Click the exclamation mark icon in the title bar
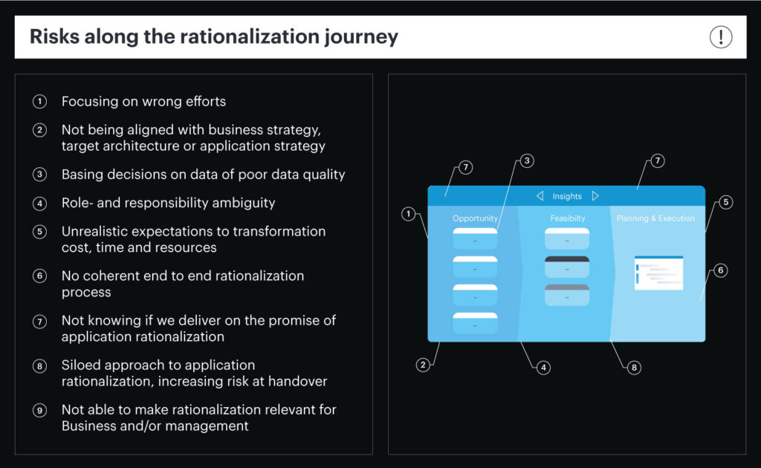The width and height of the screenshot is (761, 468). pos(720,37)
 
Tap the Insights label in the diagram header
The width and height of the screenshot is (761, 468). pos(567,196)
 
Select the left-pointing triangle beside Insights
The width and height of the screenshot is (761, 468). pos(540,196)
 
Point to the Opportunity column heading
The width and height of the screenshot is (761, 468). pos(475,218)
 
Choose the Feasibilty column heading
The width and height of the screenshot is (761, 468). pos(568,218)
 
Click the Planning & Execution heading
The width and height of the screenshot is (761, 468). pos(655,218)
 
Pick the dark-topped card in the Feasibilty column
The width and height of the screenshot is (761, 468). pos(567,267)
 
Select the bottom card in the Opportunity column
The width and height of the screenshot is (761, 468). pos(475,323)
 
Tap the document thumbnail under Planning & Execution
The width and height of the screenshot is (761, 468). pos(658,273)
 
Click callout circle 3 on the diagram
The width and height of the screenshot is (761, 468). pos(526,160)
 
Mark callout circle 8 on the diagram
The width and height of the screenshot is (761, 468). pos(633,367)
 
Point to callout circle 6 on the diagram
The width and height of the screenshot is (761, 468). pos(719,270)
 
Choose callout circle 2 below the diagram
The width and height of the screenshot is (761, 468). pos(422,365)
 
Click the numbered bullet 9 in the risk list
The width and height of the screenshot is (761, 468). pos(39,410)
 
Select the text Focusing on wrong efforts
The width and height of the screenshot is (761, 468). pos(143,101)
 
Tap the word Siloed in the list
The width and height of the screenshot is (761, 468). pos(82,365)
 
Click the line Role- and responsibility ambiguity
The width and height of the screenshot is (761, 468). pos(168,203)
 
